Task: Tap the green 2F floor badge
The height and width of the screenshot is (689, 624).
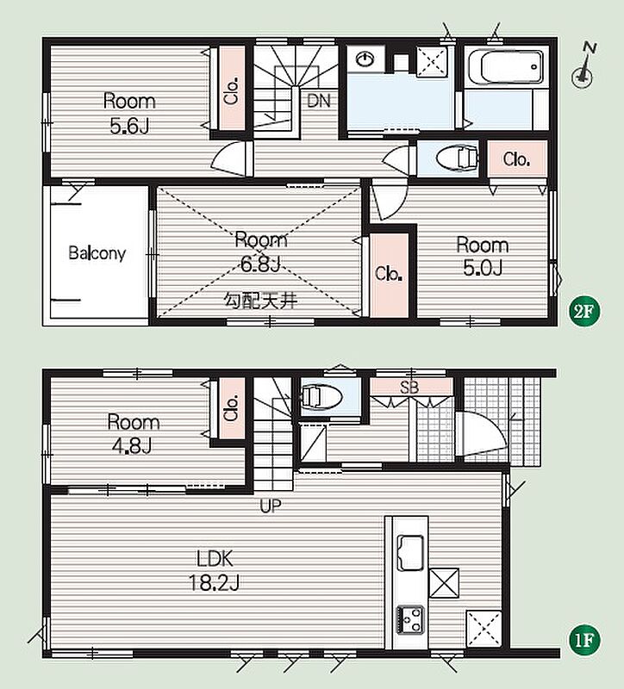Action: (584, 311)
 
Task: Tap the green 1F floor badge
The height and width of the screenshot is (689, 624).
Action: (584, 640)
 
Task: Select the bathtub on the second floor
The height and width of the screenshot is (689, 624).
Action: (506, 67)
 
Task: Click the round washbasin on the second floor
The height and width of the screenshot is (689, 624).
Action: (365, 59)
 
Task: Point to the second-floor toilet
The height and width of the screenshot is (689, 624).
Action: (457, 158)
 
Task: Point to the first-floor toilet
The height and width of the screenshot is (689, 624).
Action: (321, 397)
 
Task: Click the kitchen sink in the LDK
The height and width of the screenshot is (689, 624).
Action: (410, 553)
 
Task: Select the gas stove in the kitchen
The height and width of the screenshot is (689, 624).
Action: (410, 620)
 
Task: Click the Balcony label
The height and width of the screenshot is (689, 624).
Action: (97, 253)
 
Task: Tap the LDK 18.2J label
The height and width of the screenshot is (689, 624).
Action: (214, 571)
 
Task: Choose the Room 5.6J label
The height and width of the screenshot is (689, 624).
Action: (129, 114)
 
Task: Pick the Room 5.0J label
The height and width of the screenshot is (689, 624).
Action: (483, 256)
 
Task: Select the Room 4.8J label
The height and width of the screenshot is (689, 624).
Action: (133, 434)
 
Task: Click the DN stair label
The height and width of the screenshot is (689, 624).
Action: (319, 101)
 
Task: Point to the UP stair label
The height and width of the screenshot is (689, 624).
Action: (270, 506)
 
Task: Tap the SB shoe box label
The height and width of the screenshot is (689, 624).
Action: (409, 387)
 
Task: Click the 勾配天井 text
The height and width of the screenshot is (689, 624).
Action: (261, 301)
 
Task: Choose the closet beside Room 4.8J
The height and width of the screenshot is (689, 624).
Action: (232, 408)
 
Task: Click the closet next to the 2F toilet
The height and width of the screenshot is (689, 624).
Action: (517, 158)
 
